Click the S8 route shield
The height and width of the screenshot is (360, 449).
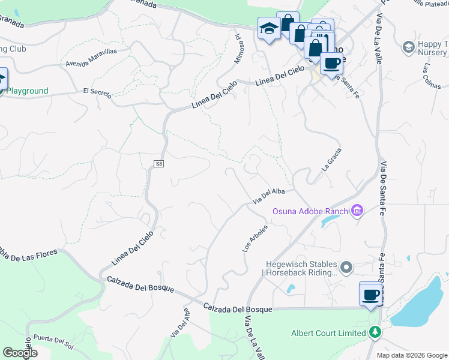(159, 163)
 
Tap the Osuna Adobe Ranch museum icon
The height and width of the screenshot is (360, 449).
(358, 211)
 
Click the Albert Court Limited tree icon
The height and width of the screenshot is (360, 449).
(375, 332)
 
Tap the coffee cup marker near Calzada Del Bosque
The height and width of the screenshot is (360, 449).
(370, 295)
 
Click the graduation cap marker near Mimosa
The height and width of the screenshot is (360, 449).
(268, 28)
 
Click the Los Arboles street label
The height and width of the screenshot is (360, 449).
(255, 240)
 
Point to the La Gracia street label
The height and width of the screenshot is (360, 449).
(332, 160)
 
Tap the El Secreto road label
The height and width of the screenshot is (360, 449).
(97, 91)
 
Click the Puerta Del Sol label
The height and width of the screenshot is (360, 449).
(53, 340)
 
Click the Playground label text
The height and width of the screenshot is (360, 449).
(28, 91)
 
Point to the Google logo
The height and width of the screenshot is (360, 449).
(20, 353)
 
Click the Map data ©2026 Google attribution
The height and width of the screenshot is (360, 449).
(412, 355)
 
